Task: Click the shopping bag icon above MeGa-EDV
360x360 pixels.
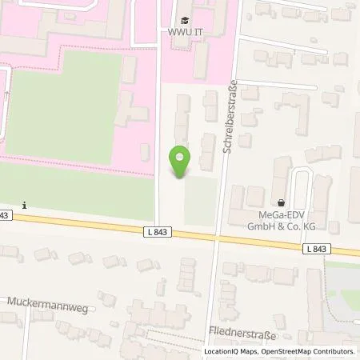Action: [281, 204]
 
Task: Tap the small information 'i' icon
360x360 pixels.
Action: [26, 205]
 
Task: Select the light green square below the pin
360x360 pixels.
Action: [200, 200]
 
